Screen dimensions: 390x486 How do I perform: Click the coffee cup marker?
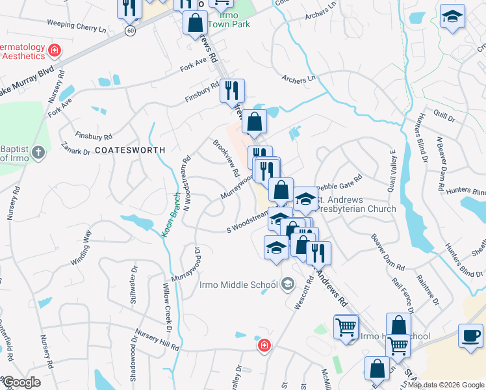[x=470, y=335]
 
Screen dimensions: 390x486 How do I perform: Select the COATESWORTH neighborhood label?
[x=130, y=149]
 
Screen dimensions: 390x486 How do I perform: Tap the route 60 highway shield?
[x=131, y=31]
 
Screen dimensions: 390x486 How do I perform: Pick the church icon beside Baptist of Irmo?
[x=38, y=153]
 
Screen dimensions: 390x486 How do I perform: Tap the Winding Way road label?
[x=81, y=249]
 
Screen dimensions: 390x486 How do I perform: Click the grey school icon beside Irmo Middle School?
[x=288, y=284]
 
